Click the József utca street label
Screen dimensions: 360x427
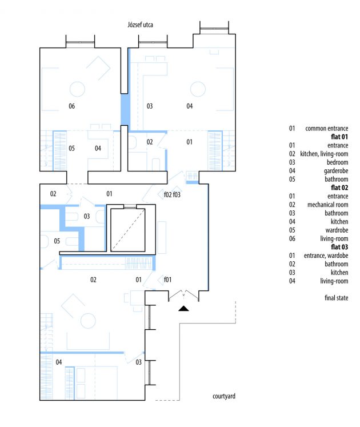(140, 25)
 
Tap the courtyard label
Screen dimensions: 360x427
(224, 396)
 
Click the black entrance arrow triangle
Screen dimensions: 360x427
(183, 308)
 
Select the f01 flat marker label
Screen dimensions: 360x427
(168, 280)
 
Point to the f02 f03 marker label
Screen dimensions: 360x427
(172, 195)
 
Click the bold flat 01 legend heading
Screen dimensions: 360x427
(339, 137)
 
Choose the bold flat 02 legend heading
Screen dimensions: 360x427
(339, 187)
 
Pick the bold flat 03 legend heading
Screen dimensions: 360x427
(339, 247)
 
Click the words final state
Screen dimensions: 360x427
(337, 298)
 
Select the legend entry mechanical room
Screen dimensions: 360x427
(328, 205)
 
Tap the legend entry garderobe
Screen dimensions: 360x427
(336, 171)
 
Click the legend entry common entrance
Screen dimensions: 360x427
(327, 128)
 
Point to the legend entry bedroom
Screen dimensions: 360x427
(337, 162)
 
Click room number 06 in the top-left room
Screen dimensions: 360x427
(71, 106)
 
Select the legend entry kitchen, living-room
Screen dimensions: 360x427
(324, 154)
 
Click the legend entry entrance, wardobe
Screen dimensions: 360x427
(326, 256)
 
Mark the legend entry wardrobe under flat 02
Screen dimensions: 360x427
(337, 230)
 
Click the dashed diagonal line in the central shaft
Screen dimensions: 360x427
(128, 230)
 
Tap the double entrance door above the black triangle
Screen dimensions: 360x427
(183, 296)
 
